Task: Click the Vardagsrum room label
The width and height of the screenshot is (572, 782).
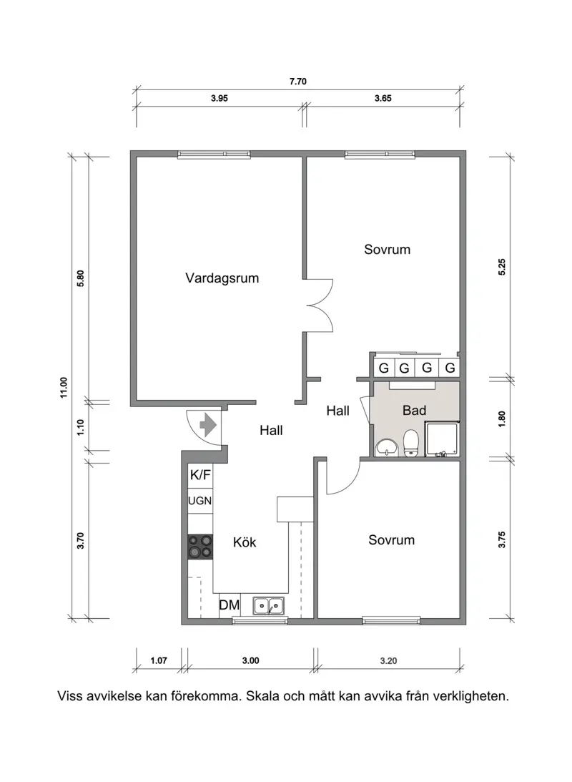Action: click(222, 278)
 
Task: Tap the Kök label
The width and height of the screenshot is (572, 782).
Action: click(245, 542)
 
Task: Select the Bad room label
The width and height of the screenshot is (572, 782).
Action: click(414, 411)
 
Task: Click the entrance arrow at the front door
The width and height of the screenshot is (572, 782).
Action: click(208, 425)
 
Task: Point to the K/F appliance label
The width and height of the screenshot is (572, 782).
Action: click(200, 474)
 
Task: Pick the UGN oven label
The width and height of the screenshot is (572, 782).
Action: click(200, 501)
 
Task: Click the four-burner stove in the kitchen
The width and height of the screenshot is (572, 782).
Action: click(200, 547)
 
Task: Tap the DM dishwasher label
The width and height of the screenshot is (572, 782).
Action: click(229, 606)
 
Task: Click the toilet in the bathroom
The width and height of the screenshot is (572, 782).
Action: click(411, 444)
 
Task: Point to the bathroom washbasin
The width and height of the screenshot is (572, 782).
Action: click(388, 447)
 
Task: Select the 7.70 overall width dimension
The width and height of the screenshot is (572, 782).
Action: click(297, 82)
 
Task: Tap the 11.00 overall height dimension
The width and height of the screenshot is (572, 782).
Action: click(63, 386)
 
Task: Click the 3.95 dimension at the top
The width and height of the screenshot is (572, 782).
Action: click(219, 99)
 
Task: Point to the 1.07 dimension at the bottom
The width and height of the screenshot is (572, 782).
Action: click(159, 661)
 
